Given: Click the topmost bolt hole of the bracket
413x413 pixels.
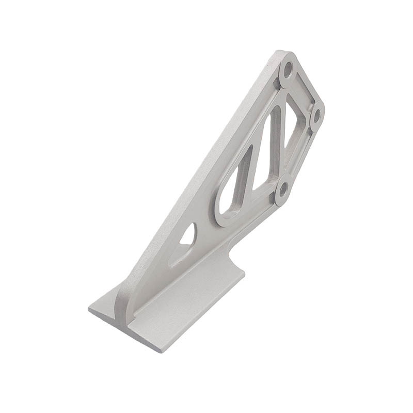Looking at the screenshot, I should [x=288, y=68].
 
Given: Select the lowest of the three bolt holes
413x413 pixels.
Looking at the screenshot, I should [x=282, y=190].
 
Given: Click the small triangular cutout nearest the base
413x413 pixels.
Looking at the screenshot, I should [x=188, y=236].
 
